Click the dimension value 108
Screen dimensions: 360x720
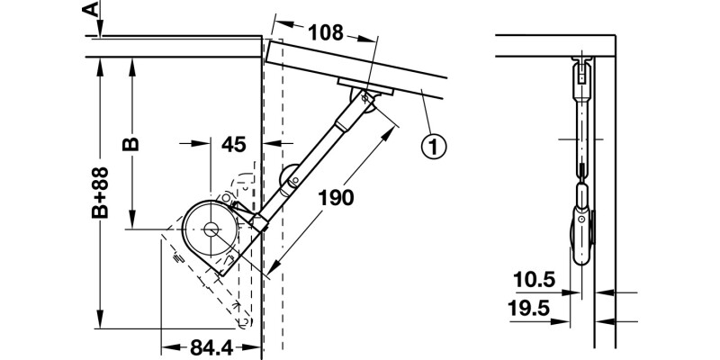[x=325, y=33]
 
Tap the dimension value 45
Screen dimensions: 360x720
[x=233, y=142]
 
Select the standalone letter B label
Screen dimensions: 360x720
[x=131, y=143]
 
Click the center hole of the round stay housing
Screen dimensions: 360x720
[x=210, y=229]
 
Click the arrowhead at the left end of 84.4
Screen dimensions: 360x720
[x=165, y=346]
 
